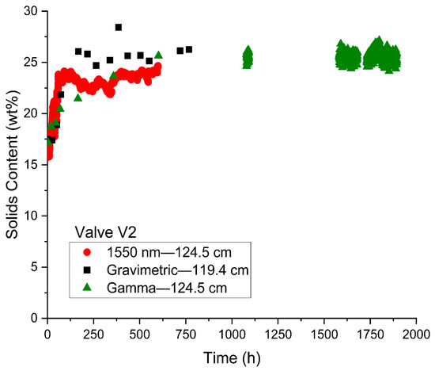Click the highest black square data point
pyautogui.click(x=119, y=27)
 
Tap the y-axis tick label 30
pyautogui.click(x=32, y=11)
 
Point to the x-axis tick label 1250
pyautogui.click(x=278, y=334)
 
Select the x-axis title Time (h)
pyautogui.click(x=232, y=358)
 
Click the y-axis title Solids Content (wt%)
pyautogui.click(x=12, y=164)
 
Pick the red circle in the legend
pyautogui.click(x=87, y=252)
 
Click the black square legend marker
pyautogui.click(x=87, y=270)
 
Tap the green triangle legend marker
pyautogui.click(x=87, y=287)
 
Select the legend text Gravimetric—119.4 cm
pyautogui.click(x=177, y=270)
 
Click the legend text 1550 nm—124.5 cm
pyautogui.click(x=169, y=253)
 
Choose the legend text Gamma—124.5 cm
pyautogui.click(x=167, y=288)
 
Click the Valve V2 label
pyautogui.click(x=106, y=232)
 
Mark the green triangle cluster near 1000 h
pyautogui.click(x=248, y=57)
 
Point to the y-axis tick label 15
pyautogui.click(x=32, y=165)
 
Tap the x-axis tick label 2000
pyautogui.click(x=416, y=334)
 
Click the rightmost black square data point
pyautogui.click(x=189, y=49)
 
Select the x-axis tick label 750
pyautogui.click(x=186, y=334)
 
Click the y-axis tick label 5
pyautogui.click(x=35, y=267)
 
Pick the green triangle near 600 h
pyautogui.click(x=158, y=55)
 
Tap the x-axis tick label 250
pyautogui.click(x=94, y=334)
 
